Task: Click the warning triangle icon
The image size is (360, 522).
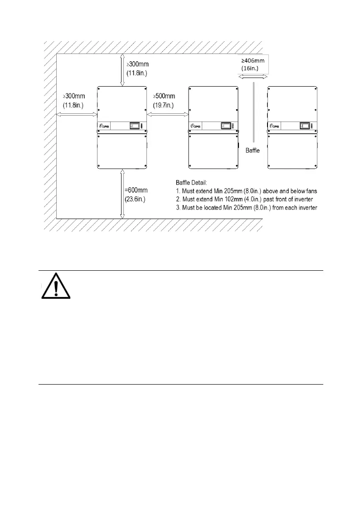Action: (53, 286)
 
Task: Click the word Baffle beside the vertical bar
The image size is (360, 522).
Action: (253, 150)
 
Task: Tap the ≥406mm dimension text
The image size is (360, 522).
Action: (253, 60)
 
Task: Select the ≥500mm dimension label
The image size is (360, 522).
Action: (164, 97)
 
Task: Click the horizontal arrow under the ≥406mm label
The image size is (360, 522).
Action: (253, 78)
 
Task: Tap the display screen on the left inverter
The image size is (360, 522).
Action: (135, 126)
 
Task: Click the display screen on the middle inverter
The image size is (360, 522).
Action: (225, 126)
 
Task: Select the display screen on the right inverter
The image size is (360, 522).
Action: (305, 126)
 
